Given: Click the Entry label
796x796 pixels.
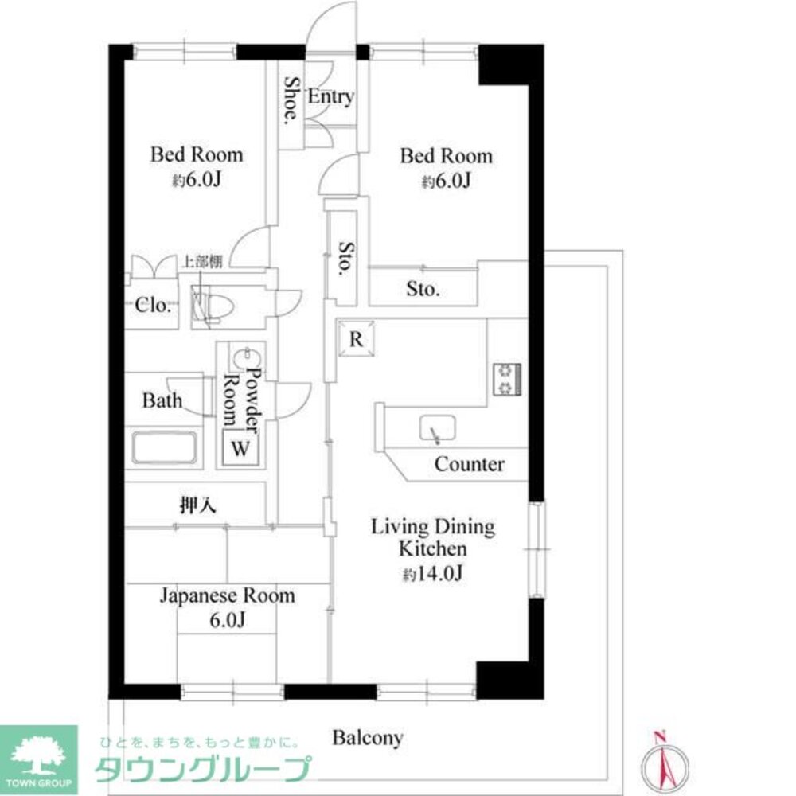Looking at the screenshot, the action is [330, 96].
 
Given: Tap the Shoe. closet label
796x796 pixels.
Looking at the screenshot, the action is [291, 100].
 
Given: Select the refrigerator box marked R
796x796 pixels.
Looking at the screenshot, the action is [357, 338].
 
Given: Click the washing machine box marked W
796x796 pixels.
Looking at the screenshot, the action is [240, 448].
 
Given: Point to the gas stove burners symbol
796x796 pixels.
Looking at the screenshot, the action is [507, 379].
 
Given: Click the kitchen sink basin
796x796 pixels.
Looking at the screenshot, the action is [437, 428].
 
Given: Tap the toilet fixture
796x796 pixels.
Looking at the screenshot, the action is [213, 306].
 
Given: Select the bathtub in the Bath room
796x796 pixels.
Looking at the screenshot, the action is [165, 447].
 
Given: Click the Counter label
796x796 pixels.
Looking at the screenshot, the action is [470, 464].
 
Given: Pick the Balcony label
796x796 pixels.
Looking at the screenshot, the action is [368, 738].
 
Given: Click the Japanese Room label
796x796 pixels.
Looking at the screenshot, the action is [228, 595].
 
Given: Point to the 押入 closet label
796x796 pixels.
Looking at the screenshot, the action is [198, 505].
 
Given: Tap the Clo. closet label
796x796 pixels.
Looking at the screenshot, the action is [153, 305].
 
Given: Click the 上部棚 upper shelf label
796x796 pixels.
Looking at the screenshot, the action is [202, 261].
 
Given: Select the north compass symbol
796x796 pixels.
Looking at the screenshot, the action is [665, 763].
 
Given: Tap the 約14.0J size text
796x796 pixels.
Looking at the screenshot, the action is [432, 574].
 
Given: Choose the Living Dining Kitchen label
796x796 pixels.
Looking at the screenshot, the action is [432, 537].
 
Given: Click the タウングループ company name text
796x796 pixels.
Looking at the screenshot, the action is [203, 769].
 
